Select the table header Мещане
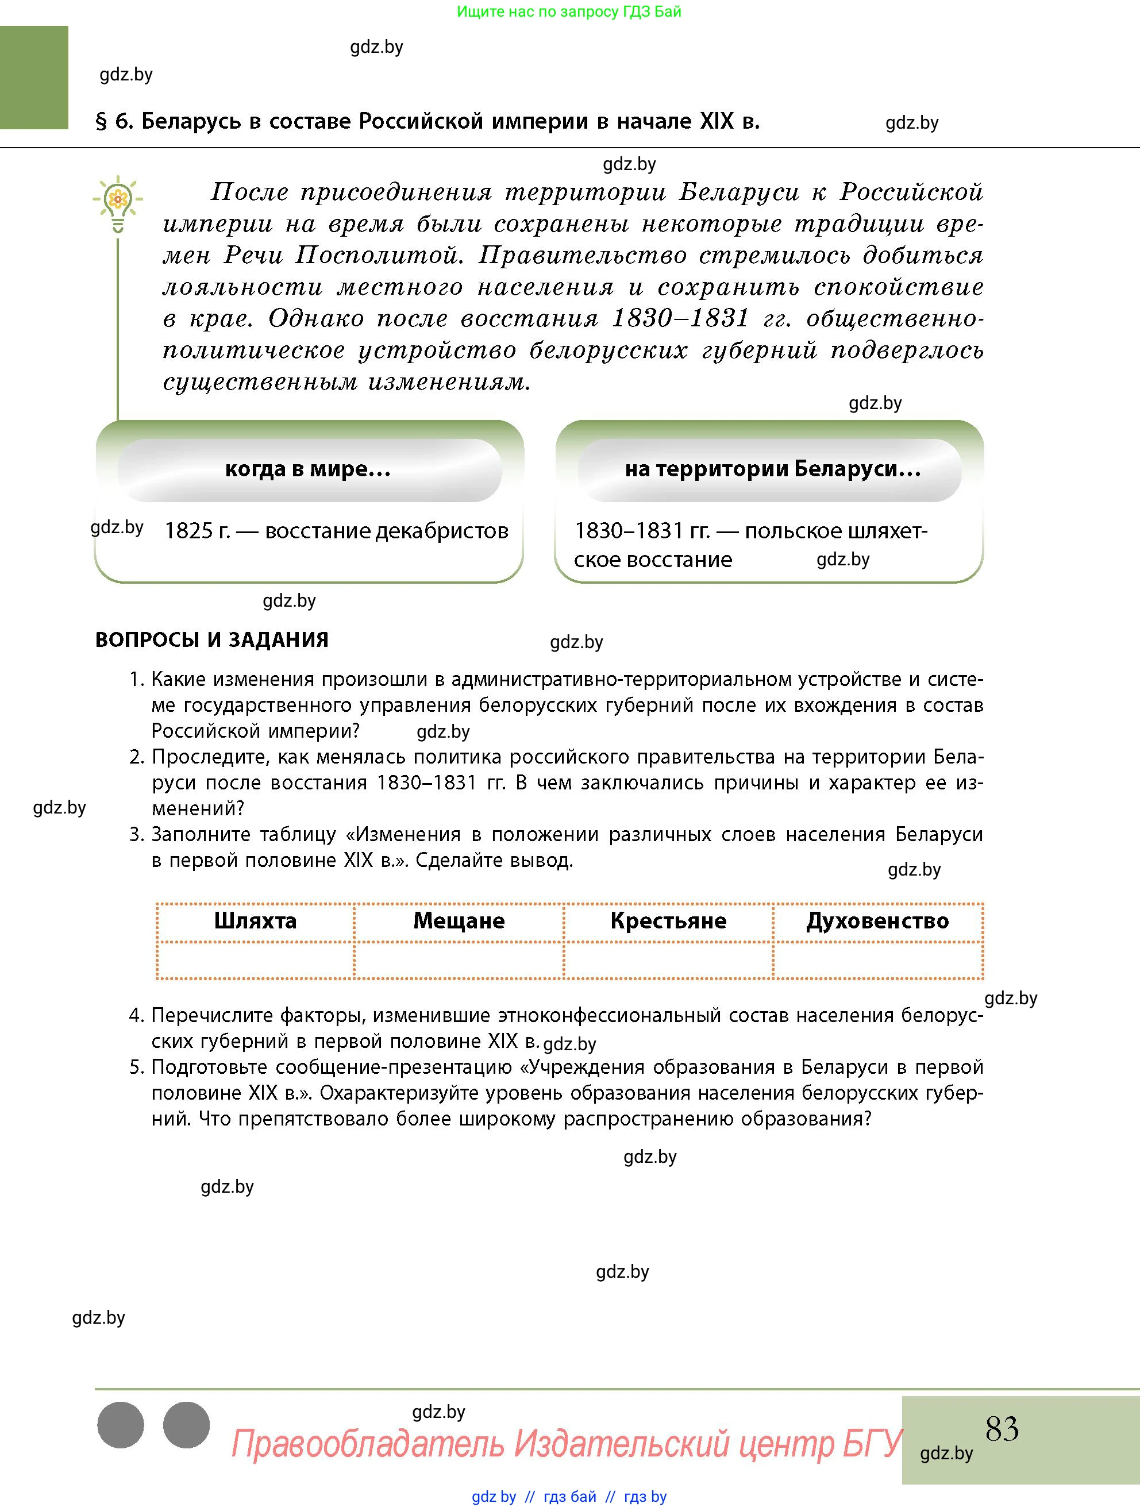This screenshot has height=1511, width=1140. coord(459,921)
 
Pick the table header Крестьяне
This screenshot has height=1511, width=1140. coord(668,921)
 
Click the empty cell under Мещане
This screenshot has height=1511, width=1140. coord(459,961)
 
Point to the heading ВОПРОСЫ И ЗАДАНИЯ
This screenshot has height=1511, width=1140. coord(212,640)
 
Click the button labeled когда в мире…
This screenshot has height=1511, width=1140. coord(308,469)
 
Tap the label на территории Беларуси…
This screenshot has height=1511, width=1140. coord(772,469)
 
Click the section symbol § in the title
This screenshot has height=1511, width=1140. coord(101,122)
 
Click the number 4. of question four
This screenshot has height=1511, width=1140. coord(137,1016)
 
